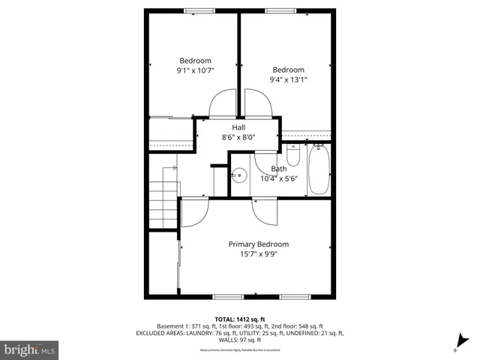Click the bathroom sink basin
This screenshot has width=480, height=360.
[x=238, y=175]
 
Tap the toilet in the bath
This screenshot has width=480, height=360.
[x=294, y=155]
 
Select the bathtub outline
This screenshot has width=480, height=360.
[x=319, y=169]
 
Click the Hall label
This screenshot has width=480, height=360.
[x=239, y=127]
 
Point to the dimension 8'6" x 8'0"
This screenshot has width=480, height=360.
[x=239, y=137]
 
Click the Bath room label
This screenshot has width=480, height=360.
[x=278, y=169]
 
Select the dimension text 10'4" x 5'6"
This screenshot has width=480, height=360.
[x=280, y=178]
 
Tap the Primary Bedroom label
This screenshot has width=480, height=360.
[x=258, y=244]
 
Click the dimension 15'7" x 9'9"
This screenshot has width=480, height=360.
[x=258, y=254]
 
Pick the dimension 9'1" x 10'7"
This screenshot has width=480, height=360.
[x=195, y=71]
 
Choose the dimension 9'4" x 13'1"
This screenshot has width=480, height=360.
[x=289, y=79]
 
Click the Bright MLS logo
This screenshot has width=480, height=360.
[x=30, y=349]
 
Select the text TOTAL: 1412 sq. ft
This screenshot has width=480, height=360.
[x=239, y=319]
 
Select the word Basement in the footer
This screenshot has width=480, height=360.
[x=171, y=326]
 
